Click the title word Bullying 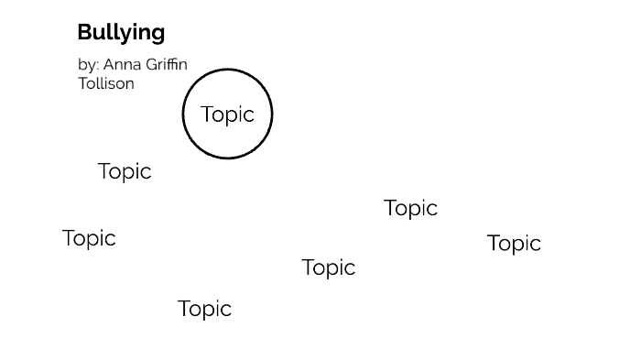point(121,33)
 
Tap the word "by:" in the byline point(88,65)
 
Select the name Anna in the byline point(119,64)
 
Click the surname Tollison point(106,83)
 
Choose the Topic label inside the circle point(227,115)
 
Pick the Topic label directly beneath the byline point(125,171)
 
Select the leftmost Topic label point(89,238)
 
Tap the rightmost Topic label point(514,244)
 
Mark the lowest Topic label point(204,309)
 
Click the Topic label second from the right point(410,209)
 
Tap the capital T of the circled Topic point(206,114)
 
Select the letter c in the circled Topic point(248,115)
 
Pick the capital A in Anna point(109,64)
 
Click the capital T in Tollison point(82,83)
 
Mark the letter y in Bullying point(127,35)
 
